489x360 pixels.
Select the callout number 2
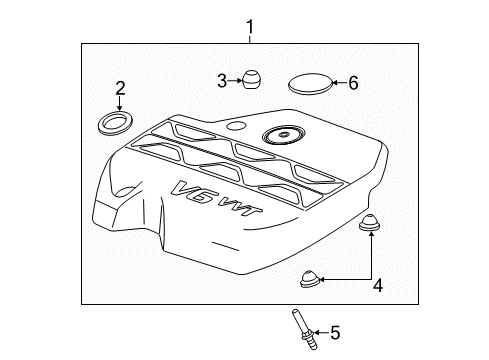[x=119, y=88]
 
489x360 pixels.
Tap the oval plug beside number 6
[x=309, y=83]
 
